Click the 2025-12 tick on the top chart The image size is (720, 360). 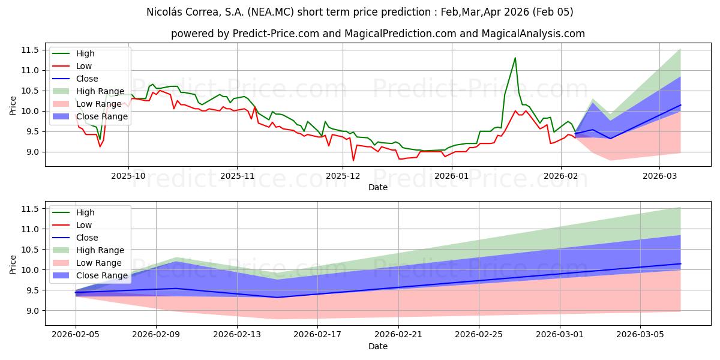343,176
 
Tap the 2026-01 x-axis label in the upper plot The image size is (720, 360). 451,176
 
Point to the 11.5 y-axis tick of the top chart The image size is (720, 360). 30,50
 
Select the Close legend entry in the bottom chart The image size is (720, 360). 87,238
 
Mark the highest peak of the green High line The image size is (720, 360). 515,58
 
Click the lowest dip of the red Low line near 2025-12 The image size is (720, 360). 353,160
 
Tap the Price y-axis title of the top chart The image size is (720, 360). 13,105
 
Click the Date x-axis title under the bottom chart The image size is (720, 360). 378,346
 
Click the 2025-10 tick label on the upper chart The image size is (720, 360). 128,176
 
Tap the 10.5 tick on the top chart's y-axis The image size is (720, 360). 30,91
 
